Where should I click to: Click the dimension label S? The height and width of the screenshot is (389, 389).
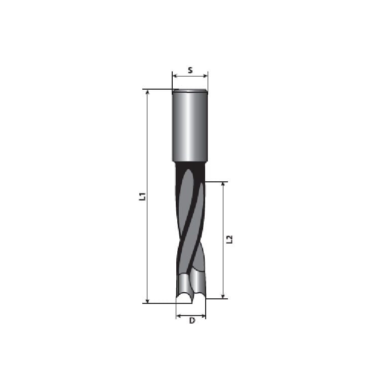click(190, 70)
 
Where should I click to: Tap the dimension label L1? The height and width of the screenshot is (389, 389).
click(142, 197)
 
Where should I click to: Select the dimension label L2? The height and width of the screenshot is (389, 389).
click(230, 240)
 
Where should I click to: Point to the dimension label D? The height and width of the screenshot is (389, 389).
click(192, 321)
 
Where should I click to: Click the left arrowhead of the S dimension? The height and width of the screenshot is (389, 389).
click(174, 75)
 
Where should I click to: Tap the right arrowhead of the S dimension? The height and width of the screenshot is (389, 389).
click(205, 75)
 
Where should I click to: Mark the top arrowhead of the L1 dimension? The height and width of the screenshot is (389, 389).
click(147, 92)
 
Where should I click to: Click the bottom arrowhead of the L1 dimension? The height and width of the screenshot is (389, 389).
click(147, 301)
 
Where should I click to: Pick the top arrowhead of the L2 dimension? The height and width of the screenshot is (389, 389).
click(223, 184)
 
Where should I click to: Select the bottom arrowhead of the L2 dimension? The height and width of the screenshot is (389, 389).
click(223, 296)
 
